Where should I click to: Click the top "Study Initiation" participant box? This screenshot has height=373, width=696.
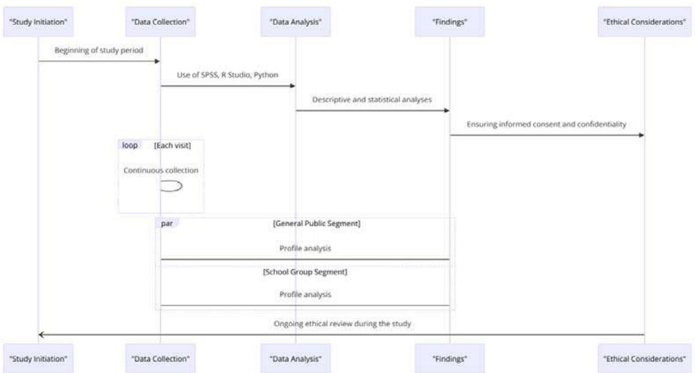pos(39,22)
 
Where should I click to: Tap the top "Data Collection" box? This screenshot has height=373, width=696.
pos(160,22)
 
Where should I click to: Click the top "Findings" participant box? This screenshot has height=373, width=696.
pos(449,22)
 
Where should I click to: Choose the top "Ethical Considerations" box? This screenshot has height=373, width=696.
pos(644,22)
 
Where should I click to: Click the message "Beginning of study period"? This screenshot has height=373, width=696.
pos(99,50)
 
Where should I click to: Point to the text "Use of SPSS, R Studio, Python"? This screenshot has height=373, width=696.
pos(228,74)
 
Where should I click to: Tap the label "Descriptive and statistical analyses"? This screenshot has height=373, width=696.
pos(372,99)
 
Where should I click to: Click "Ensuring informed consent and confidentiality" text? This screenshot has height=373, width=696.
pos(546,124)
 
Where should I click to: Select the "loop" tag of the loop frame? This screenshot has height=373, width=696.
pos(129,146)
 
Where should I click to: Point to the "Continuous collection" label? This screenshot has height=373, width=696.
pos(161,170)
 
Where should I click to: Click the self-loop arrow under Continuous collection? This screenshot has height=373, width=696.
pos(172,186)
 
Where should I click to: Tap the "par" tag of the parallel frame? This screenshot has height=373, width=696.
pos(167,224)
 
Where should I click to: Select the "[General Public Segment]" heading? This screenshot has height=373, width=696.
pos(316,224)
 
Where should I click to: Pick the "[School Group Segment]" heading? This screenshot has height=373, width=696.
pos(305,271)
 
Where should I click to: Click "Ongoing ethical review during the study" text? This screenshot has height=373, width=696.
pos(342,323)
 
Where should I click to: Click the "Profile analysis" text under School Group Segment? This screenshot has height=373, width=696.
pos(305,294)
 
